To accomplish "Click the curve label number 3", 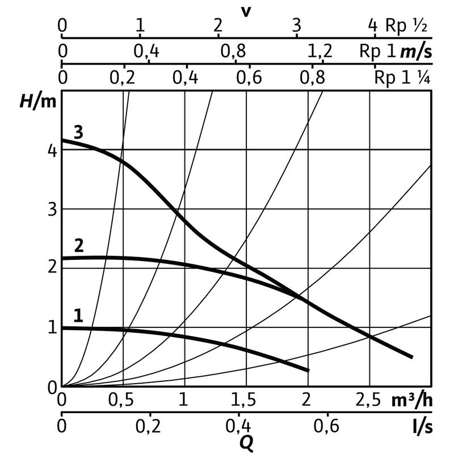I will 78,132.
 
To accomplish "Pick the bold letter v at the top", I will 246,10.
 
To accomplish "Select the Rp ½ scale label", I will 406,26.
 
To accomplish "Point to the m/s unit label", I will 416,52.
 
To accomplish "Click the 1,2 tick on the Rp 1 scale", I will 320,52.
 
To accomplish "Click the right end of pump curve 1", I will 309,371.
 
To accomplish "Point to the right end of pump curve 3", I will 412,357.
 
